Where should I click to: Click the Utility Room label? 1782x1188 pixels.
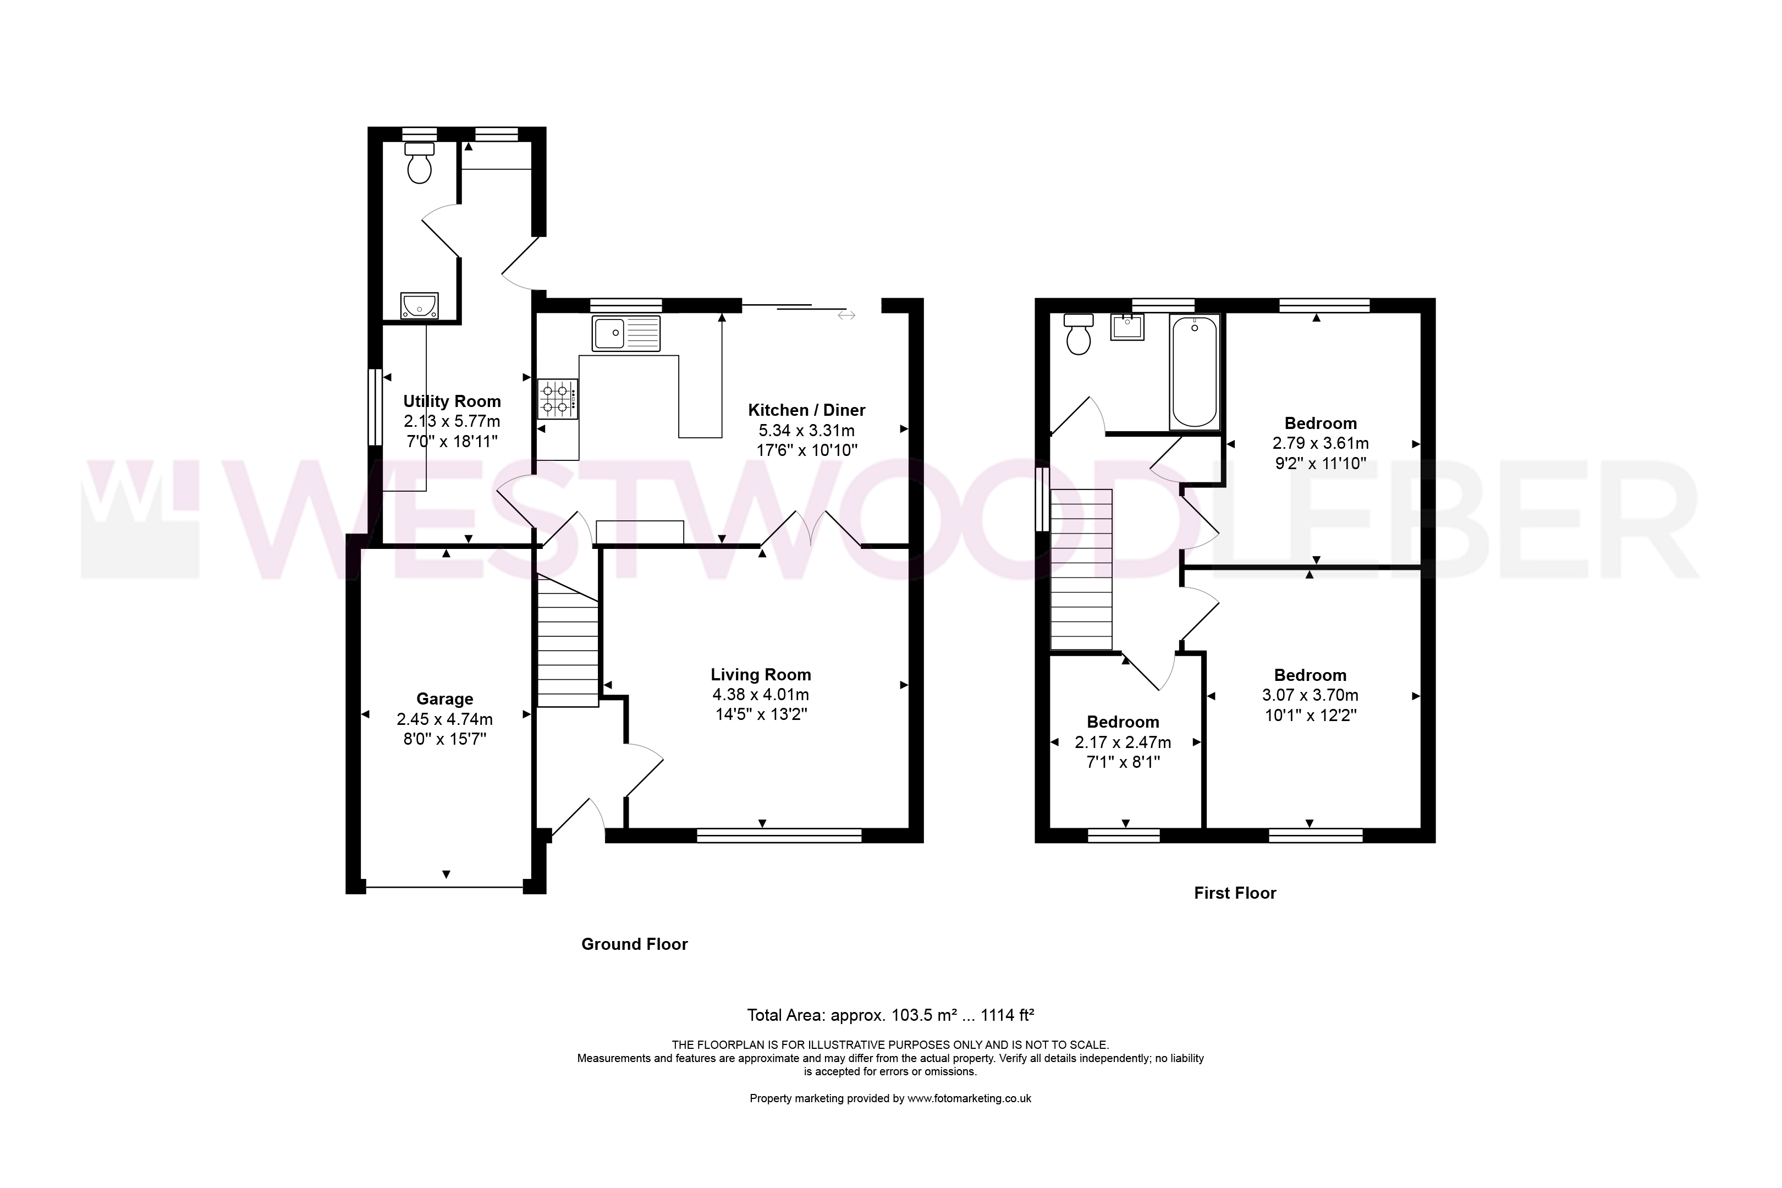click(x=452, y=402)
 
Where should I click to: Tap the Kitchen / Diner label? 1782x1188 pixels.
click(x=806, y=410)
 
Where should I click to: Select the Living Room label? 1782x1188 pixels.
click(x=761, y=674)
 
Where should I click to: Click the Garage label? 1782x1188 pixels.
click(x=445, y=699)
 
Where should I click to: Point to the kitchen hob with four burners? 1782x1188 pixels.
click(x=558, y=399)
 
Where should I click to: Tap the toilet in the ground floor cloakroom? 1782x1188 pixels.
click(x=419, y=163)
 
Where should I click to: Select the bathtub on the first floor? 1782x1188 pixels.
click(x=1194, y=372)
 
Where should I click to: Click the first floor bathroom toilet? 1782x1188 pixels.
click(x=1078, y=334)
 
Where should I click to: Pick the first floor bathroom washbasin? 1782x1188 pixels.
click(x=1127, y=327)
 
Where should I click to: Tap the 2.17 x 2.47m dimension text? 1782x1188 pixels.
click(x=1123, y=743)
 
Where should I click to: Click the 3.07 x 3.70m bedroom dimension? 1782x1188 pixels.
click(x=1310, y=695)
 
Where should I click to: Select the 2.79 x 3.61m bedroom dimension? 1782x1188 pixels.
click(x=1321, y=443)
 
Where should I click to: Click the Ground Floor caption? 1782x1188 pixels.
click(x=634, y=944)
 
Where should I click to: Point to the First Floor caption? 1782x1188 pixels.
click(x=1235, y=893)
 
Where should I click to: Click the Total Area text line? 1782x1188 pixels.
click(x=890, y=1015)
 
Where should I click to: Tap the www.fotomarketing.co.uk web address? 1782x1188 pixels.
click(x=969, y=1098)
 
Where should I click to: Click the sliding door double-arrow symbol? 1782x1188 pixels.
click(x=846, y=315)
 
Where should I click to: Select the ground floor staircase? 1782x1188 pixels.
click(x=568, y=641)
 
